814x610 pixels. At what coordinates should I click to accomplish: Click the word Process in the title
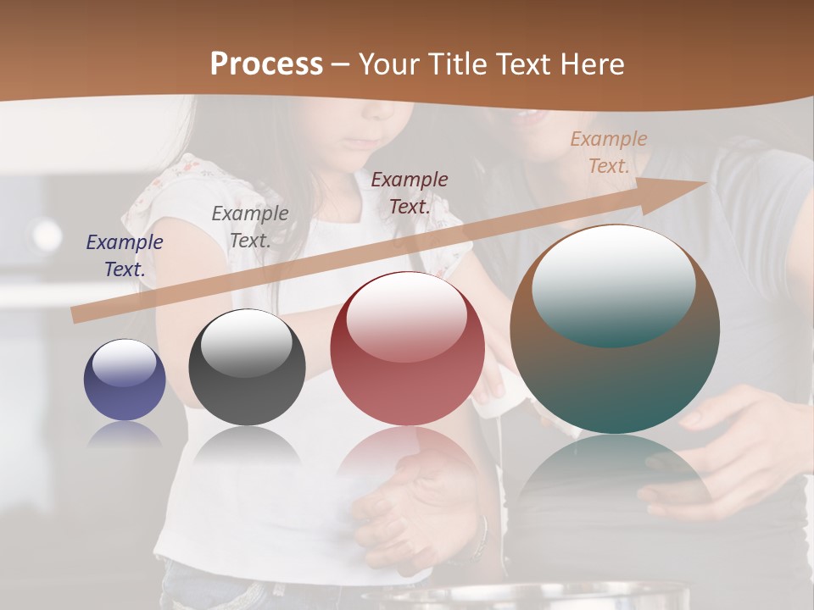point(266,64)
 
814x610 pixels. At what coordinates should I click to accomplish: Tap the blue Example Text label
point(125,256)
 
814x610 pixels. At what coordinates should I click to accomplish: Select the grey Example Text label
point(249,227)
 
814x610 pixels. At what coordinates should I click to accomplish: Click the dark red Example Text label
point(410,192)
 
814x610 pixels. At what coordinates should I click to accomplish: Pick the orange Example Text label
point(608,152)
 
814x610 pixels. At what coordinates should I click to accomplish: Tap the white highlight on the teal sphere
point(613,285)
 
